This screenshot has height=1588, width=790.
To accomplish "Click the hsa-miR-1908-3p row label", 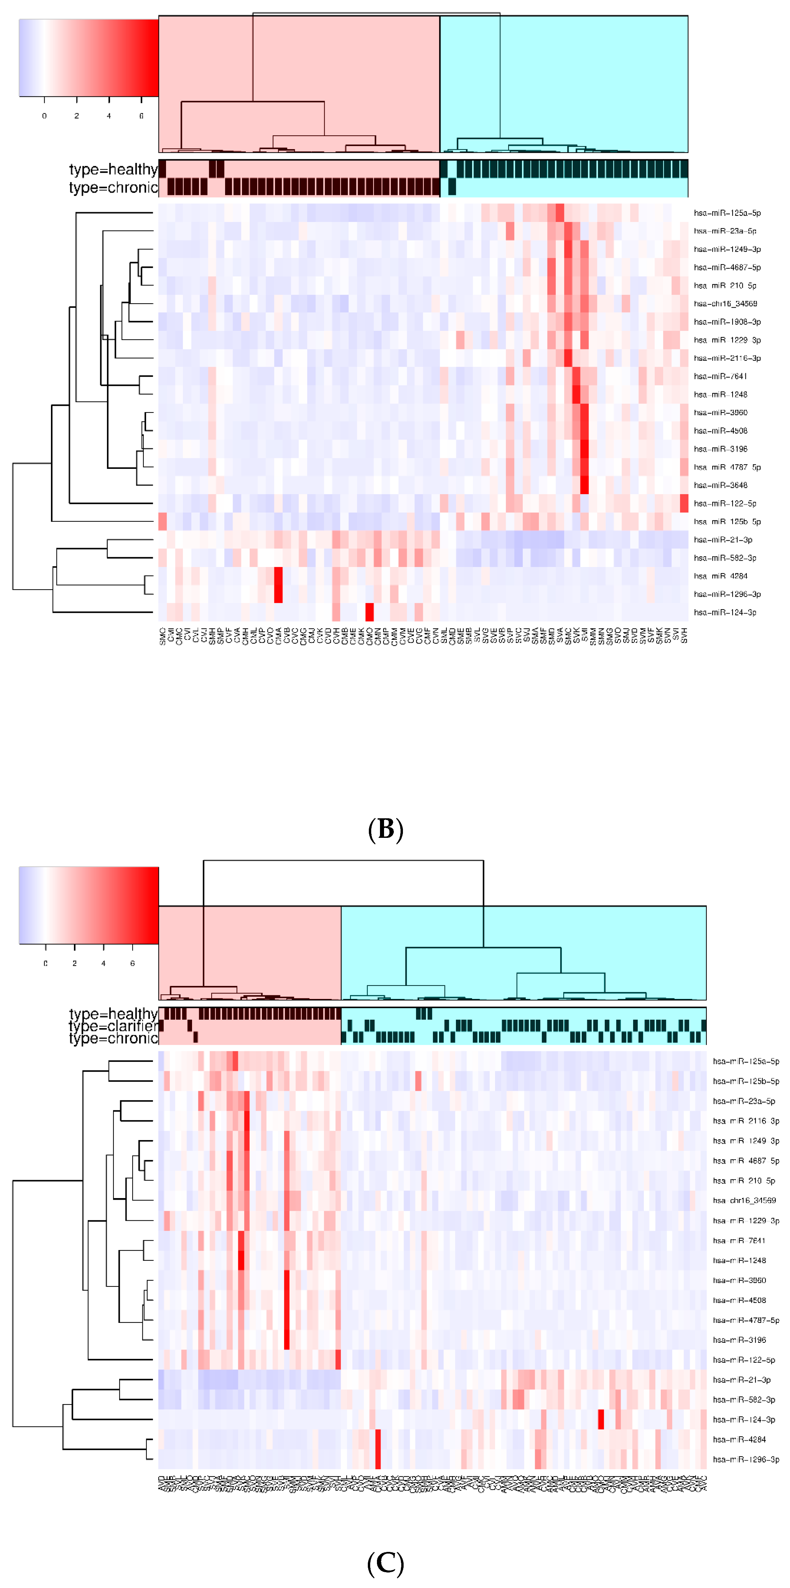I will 727,322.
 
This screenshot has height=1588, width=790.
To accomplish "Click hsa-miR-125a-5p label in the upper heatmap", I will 727,213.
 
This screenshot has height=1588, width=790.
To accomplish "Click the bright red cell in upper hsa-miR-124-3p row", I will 370,612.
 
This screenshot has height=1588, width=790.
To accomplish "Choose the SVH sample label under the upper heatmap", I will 684,635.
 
